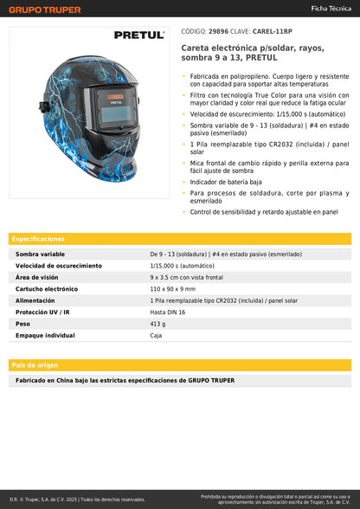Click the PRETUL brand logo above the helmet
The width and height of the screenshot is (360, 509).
[138, 35]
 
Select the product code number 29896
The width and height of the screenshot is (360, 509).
[220, 30]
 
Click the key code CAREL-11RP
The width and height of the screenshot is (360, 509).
[272, 30]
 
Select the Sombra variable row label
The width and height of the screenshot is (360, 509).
[40, 254]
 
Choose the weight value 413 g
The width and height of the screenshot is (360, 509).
[157, 323]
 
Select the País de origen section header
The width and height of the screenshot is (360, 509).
[35, 364]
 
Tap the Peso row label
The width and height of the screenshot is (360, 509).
[23, 323]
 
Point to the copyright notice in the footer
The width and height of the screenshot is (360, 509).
[78, 499]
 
